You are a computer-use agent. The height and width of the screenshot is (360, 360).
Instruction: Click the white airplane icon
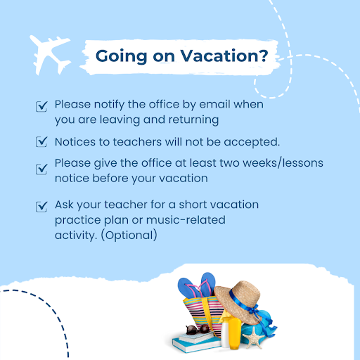tap(50, 55)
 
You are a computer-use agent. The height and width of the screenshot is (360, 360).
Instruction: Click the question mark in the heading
tap(264, 56)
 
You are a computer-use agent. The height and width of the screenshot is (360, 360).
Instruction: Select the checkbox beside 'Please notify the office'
tap(41, 106)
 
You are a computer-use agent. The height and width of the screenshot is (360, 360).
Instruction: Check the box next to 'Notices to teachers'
tap(41, 142)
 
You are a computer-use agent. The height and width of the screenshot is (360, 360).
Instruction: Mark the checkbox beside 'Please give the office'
tap(41, 169)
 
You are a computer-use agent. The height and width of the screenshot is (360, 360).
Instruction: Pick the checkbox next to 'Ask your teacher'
tap(41, 207)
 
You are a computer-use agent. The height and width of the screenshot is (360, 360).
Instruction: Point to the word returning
tap(193, 120)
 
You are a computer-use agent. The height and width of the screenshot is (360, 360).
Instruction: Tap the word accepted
tap(252, 142)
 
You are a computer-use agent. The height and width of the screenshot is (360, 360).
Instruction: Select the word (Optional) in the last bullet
tap(129, 236)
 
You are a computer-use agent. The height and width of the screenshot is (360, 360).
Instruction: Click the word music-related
tap(186, 220)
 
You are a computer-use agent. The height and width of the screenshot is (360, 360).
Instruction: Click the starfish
tap(253, 337)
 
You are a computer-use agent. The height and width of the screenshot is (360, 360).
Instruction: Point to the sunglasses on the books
tap(198, 330)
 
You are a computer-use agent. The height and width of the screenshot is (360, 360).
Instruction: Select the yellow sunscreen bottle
tap(235, 333)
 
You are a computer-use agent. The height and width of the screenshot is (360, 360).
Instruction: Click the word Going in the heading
tap(121, 56)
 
